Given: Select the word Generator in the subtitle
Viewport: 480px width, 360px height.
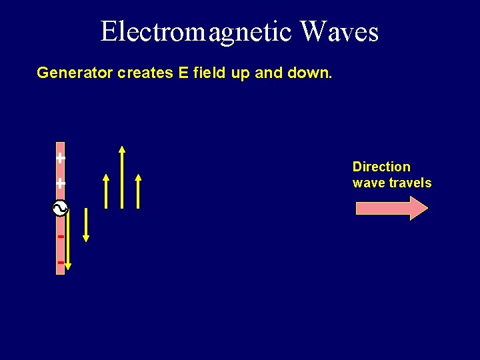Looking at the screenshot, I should [x=75, y=73].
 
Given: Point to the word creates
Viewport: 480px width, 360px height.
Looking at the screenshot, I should [x=146, y=73].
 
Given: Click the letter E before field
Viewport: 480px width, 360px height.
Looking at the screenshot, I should [x=183, y=73].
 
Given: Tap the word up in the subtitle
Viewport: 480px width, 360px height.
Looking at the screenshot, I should [x=241, y=73].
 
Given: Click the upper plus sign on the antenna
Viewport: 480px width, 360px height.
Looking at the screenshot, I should [x=61, y=159].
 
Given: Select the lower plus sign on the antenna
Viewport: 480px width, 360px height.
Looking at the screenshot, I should [x=61, y=183].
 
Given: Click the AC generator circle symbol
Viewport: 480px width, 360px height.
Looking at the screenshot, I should [x=60, y=209].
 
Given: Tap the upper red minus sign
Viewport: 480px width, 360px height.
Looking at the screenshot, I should [x=61, y=237].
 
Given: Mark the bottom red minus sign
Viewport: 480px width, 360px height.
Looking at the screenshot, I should [x=61, y=263].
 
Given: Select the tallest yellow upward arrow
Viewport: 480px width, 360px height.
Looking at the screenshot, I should [x=121, y=177].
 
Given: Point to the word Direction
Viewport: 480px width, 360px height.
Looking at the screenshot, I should [x=381, y=167].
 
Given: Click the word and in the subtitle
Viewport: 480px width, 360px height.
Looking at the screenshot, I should [x=269, y=73].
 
